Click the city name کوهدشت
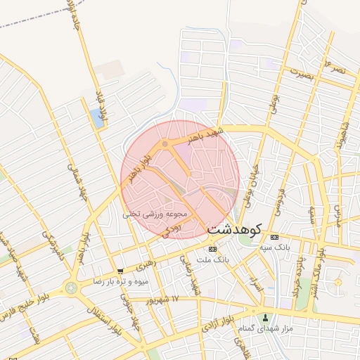[x=235, y=229]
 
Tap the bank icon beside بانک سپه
[x=274, y=237]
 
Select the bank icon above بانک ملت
[x=212, y=249]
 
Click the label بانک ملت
[x=214, y=259]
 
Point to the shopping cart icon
[x=120, y=271]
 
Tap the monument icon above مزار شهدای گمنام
[x=265, y=318]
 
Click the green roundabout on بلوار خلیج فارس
[x=71, y=287]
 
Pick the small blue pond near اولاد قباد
[x=96, y=117]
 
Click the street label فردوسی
[x=281, y=193]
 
